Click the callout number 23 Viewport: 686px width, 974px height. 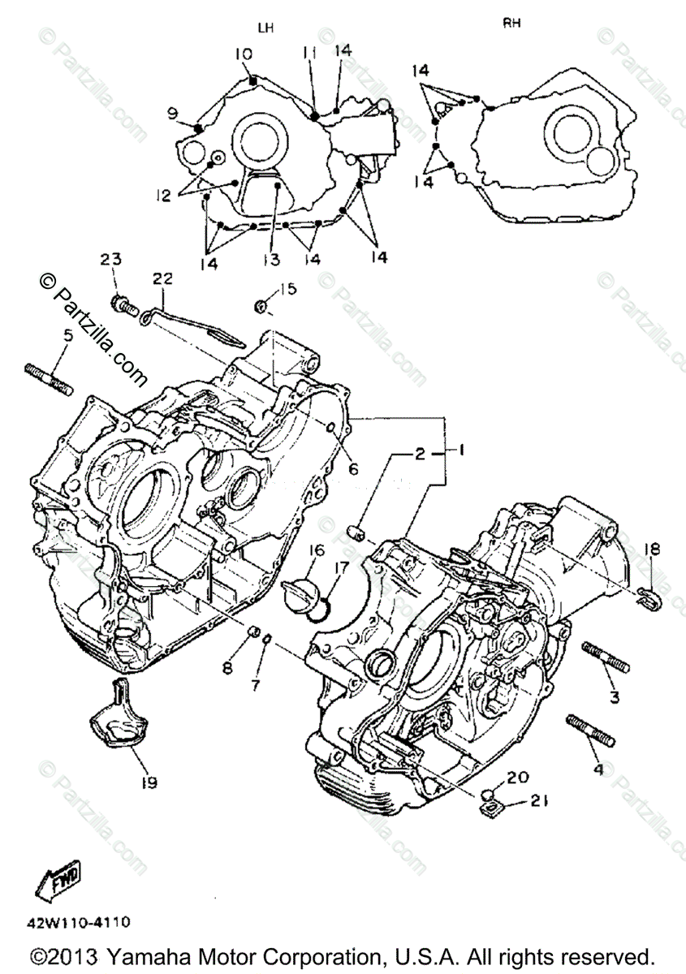[x=110, y=260]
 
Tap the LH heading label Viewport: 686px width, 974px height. [x=265, y=28]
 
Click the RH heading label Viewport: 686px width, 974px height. [x=511, y=24]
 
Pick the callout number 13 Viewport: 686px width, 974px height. [x=270, y=260]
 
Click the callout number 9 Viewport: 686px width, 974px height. [x=172, y=114]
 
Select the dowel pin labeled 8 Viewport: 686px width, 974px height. [x=252, y=632]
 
